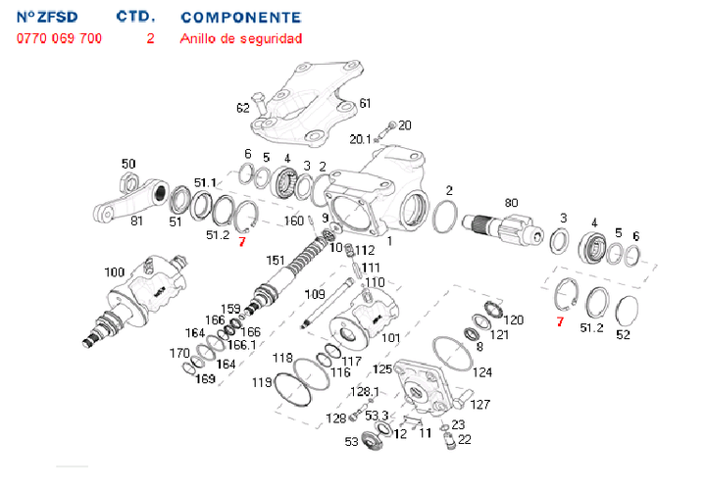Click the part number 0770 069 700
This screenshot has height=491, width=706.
[59, 39]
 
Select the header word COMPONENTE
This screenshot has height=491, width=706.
[241, 18]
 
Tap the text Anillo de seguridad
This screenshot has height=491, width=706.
[241, 39]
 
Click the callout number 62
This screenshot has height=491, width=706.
[243, 108]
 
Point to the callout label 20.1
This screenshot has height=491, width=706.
[360, 139]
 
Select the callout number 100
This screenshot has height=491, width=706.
[114, 271]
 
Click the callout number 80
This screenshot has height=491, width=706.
[510, 203]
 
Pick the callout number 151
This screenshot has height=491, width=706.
[277, 261]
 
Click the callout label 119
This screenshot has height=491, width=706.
[263, 382]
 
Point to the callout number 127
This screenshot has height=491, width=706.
[479, 404]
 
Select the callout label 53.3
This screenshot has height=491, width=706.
[378, 416]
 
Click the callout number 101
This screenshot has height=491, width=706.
[390, 338]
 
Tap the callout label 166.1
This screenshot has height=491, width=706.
[241, 344]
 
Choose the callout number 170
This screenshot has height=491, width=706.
[178, 354]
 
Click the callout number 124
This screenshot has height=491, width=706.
[481, 372]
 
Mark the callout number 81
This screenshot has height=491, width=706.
[136, 221]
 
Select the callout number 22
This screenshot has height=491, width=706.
[464, 439]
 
